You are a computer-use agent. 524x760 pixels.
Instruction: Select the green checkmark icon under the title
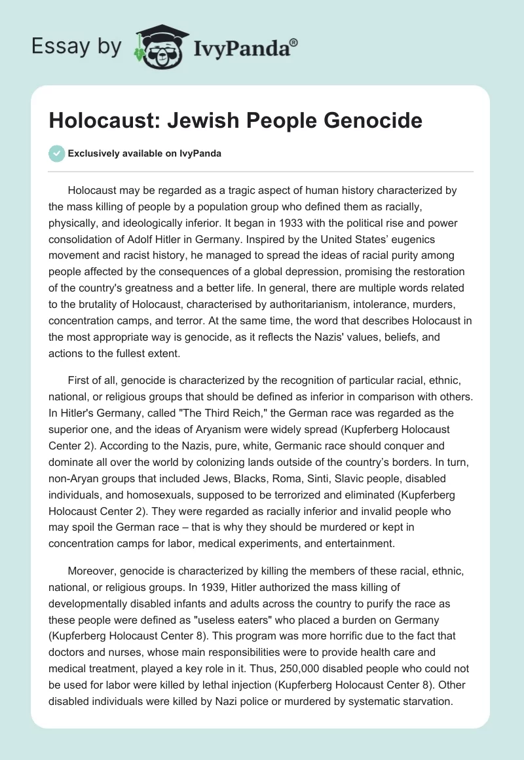(58, 153)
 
